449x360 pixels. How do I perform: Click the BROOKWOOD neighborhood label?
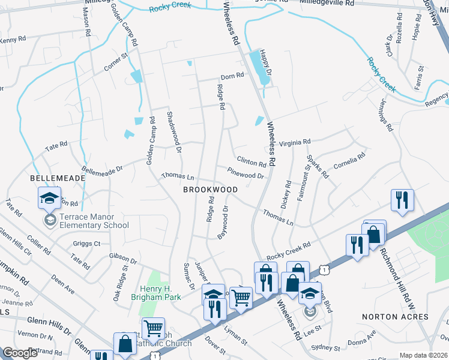[211, 190]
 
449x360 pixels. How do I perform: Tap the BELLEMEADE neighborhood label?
[56, 179]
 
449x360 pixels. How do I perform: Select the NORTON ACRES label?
[388, 316]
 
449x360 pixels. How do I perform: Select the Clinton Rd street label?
[251, 163]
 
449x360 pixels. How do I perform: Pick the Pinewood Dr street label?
[246, 174]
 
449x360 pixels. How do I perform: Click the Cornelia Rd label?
[349, 162]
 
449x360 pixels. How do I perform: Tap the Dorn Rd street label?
[232, 76]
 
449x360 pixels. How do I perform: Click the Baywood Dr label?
[223, 222]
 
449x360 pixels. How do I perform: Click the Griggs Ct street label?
[87, 244]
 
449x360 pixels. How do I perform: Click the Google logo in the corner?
[20, 353]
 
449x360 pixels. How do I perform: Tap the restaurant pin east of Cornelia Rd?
[401, 202]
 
